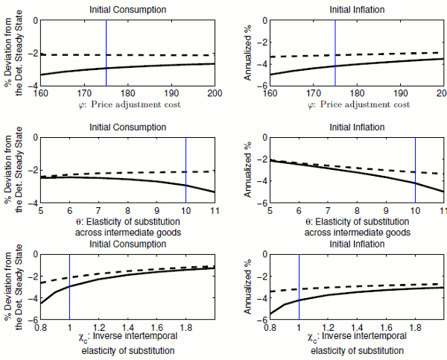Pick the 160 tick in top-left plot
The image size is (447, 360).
[41, 94]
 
